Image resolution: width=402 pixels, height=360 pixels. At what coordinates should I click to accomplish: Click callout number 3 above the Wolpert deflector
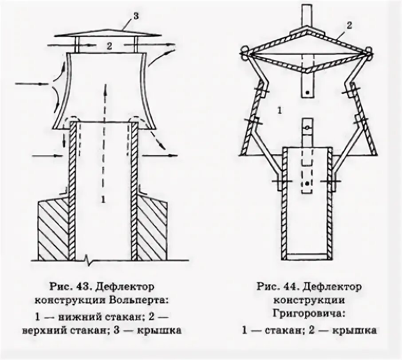[x=136, y=16]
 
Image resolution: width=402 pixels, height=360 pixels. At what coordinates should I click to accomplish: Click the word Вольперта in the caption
[x=145, y=300]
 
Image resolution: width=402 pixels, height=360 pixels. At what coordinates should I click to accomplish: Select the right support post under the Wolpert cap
[x=136, y=44]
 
